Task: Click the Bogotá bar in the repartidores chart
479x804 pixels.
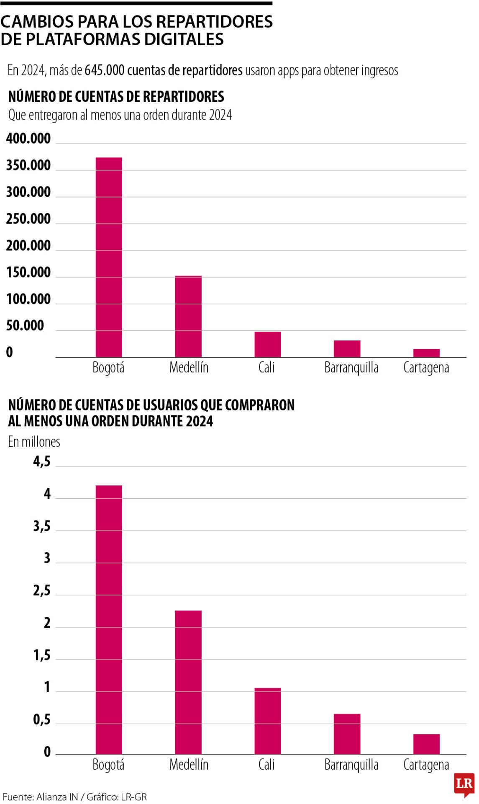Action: coord(109,257)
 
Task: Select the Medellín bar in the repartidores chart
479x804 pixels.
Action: coord(188,316)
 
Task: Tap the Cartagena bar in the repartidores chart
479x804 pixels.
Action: coord(426,353)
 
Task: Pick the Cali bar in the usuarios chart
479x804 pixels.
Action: coord(268,721)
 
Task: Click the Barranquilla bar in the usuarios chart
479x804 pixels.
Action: coord(347,734)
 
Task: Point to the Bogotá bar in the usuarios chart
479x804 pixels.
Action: coord(109,620)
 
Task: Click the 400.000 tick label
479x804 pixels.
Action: coord(28,139)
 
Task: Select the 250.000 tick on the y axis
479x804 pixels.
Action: coord(28,219)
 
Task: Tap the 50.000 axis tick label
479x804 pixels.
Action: coord(25,326)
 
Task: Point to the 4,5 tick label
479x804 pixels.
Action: coord(42,461)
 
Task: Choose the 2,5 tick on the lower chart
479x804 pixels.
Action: coord(42,590)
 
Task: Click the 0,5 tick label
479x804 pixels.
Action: coord(42,719)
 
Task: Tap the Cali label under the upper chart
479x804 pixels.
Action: coord(266,368)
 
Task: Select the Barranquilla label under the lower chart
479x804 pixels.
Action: coord(351,765)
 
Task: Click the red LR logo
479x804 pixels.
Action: coord(464,784)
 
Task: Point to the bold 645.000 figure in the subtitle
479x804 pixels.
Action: coord(105,70)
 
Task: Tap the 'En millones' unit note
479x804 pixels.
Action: coord(34,442)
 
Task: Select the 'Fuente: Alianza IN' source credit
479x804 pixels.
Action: coord(40,797)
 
